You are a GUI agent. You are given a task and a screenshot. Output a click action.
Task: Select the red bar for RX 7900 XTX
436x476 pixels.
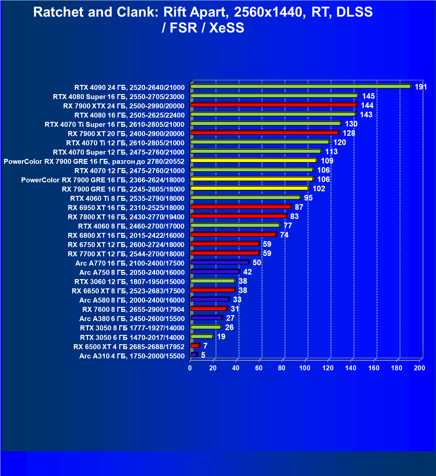pos(273,105)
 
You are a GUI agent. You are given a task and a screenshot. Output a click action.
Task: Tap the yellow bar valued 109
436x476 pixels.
pos(253,161)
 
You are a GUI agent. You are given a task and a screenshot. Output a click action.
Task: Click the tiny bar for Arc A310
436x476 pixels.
pos(194,355)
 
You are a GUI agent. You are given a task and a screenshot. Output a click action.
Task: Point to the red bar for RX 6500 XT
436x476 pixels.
pos(195,346)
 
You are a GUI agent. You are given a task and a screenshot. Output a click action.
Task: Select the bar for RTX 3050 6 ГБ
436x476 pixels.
pos(202,336)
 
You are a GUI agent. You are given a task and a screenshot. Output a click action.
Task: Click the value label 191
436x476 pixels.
pos(421,87)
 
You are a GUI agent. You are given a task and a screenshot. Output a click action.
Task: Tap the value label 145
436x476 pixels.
pos(368,96)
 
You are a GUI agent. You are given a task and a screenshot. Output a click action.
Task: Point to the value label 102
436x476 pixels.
pos(319,189)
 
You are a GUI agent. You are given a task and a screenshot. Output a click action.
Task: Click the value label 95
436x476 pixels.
pos(308,198)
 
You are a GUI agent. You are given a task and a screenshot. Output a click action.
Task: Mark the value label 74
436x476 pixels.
pos(284,235)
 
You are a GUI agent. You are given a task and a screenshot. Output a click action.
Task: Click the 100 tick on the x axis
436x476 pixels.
pos(305,368)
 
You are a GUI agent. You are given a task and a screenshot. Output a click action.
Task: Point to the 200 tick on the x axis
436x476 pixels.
pos(419,368)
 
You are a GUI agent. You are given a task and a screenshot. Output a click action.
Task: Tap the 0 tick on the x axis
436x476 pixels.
pos(190,368)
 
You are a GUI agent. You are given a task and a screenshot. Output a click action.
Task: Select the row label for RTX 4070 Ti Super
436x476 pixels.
pos(114,125)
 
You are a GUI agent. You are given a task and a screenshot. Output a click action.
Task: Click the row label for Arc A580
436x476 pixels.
pos(132,300)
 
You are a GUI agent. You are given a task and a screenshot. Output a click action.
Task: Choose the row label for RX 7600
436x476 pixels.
pos(133,310)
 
